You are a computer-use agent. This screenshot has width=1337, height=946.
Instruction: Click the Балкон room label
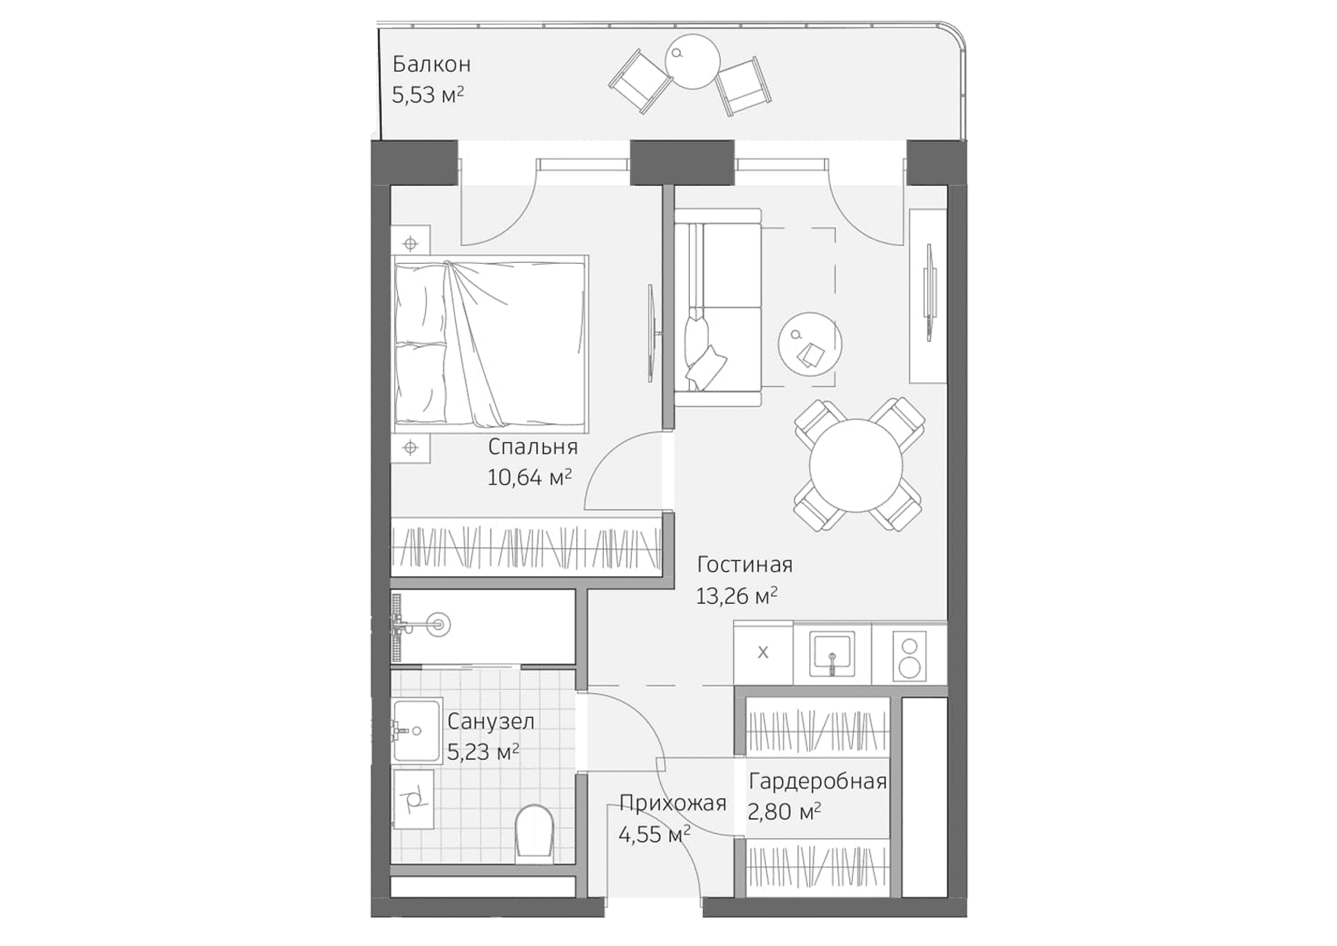431,64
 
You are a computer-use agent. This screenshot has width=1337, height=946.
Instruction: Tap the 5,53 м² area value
427,95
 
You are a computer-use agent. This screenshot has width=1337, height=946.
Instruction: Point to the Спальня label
532,447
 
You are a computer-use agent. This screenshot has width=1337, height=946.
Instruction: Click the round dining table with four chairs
856,465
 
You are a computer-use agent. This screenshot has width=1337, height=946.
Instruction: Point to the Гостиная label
745,565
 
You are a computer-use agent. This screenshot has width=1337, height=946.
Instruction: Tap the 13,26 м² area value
736,596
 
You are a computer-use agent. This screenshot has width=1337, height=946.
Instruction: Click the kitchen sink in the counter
832,653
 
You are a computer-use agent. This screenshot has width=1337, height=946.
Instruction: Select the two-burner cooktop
909,655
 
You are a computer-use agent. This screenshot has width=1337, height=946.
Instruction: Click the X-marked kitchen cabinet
763,653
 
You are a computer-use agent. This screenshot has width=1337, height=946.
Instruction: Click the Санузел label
490,721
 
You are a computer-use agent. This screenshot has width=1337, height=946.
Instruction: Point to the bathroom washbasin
416,731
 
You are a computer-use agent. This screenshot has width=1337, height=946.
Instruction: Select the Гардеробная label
817,782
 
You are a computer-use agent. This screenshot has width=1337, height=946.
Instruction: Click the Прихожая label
672,803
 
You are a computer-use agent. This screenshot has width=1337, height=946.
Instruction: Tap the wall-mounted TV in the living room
930,292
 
